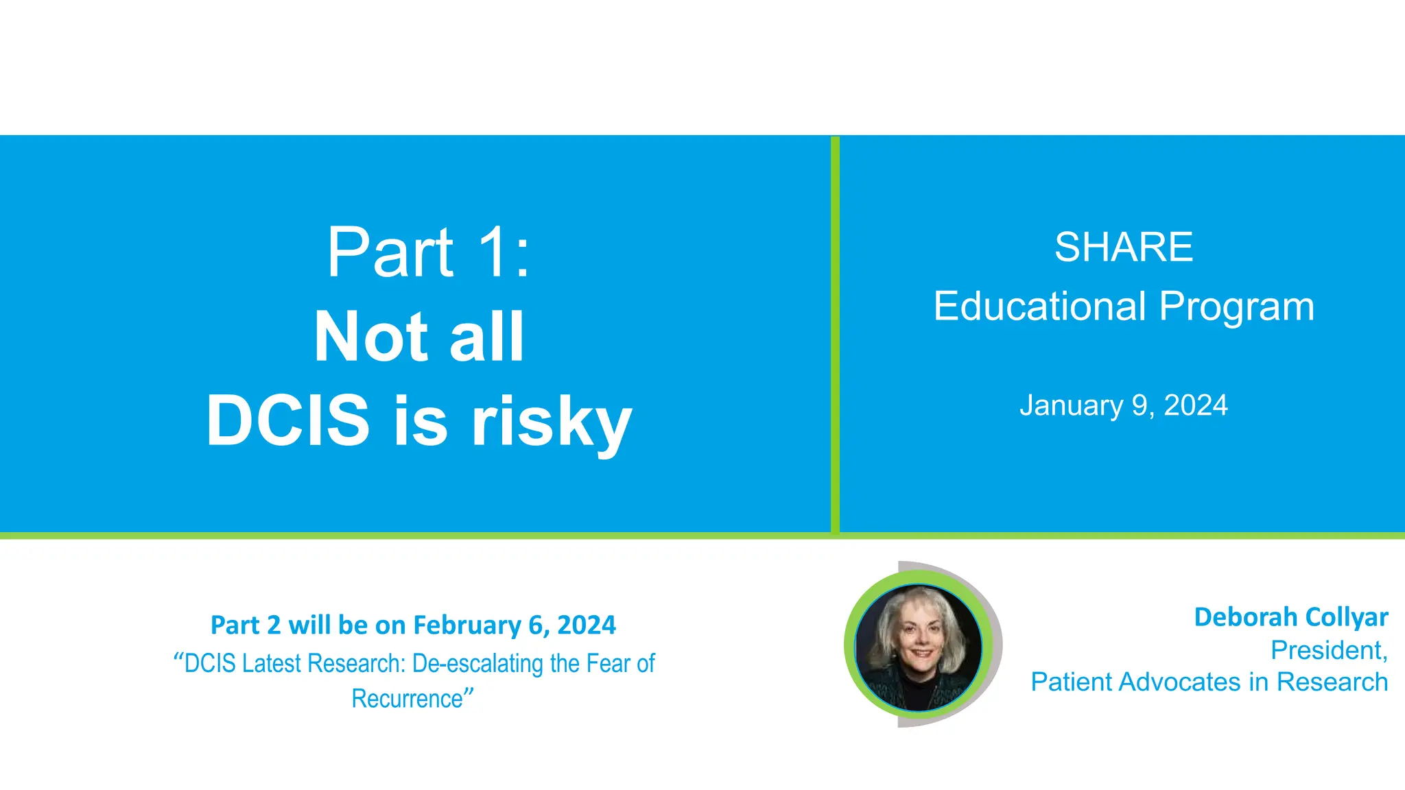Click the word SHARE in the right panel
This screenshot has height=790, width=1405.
pos(1123,248)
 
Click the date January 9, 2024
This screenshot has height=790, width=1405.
pos(1123,405)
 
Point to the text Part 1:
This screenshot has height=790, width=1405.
pos(428,253)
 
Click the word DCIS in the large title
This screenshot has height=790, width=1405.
pos(288,420)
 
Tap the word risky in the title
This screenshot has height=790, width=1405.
pos(551,422)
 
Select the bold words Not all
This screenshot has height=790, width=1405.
pos(419,337)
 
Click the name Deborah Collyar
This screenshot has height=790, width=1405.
pos(1290,617)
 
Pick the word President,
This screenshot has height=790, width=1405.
pos(1329,650)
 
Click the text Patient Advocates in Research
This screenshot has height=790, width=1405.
pos(1209,682)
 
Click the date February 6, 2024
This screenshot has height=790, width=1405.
pos(514,625)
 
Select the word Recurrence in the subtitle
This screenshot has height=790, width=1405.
pos(408,699)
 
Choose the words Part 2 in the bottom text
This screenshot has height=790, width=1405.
pos(245,625)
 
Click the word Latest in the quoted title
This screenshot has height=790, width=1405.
pos(272,664)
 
